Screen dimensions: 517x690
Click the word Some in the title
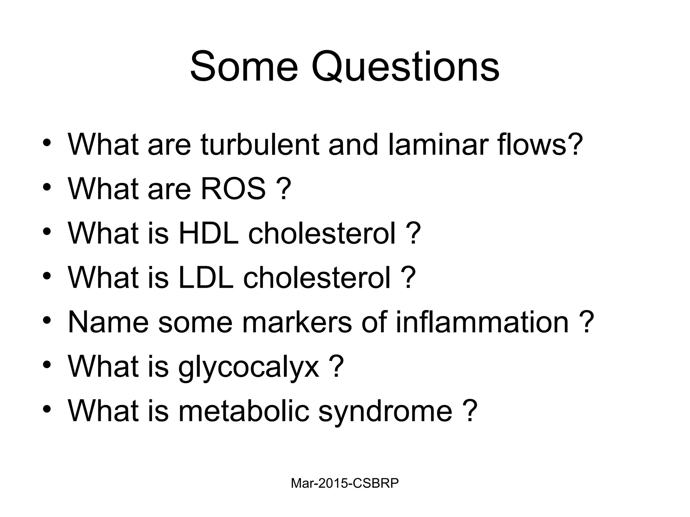[244, 67]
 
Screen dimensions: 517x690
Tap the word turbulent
[259, 144]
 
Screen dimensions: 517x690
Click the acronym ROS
[233, 189]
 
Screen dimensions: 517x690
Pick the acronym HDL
[208, 233]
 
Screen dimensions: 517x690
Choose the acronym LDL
[206, 278]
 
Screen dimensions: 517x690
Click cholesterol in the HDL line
[322, 233]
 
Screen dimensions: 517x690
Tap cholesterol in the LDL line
[317, 278]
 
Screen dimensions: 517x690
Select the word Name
[108, 322]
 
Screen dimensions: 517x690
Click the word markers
[297, 322]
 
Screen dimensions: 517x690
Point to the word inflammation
[482, 322]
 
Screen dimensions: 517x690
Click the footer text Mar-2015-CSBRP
[345, 483]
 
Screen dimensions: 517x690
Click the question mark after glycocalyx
[337, 366]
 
